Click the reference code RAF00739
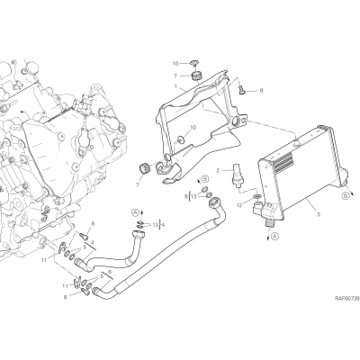(x=347, y=298)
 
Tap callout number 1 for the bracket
(x=175, y=86)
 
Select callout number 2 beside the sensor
(x=219, y=171)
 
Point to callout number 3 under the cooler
(x=319, y=214)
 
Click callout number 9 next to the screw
(x=261, y=90)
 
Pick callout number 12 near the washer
(x=239, y=205)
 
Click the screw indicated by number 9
(x=241, y=89)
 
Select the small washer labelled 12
(x=256, y=197)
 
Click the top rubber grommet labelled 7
(x=196, y=76)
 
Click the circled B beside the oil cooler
(x=346, y=196)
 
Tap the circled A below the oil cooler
(x=274, y=237)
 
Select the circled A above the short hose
(x=135, y=212)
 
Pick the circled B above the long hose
(x=205, y=179)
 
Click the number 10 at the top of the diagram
(x=175, y=64)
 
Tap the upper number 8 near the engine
(x=93, y=223)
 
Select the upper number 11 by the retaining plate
(x=44, y=260)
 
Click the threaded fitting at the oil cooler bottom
(x=269, y=222)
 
